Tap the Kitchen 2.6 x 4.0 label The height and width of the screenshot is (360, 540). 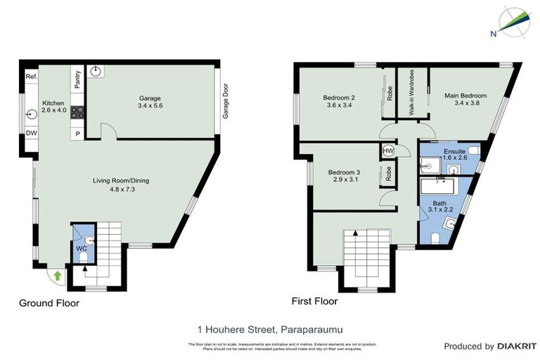click(53, 106)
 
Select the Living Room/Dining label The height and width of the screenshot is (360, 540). click(121, 185)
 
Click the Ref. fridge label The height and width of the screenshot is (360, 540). click(31, 77)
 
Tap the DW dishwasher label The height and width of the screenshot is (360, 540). click(31, 134)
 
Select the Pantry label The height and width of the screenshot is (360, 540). click(77, 79)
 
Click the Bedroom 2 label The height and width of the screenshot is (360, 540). click(338, 101)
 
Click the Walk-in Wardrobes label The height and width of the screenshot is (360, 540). click(412, 94)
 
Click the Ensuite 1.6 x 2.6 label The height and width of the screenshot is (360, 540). click(455, 155)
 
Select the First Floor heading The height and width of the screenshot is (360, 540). click(314, 301)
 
